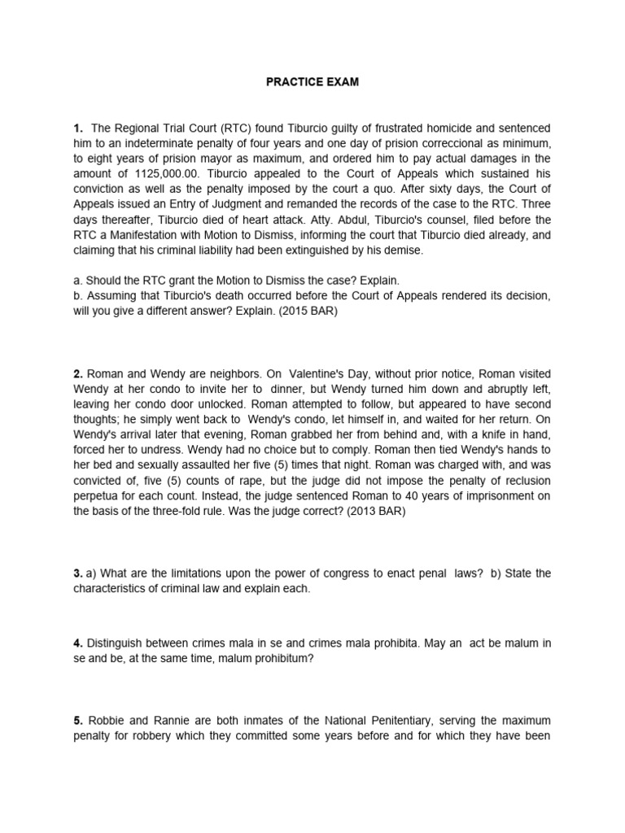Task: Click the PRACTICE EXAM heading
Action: click(312, 83)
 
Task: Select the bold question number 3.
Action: click(77, 574)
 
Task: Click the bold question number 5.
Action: click(77, 721)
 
